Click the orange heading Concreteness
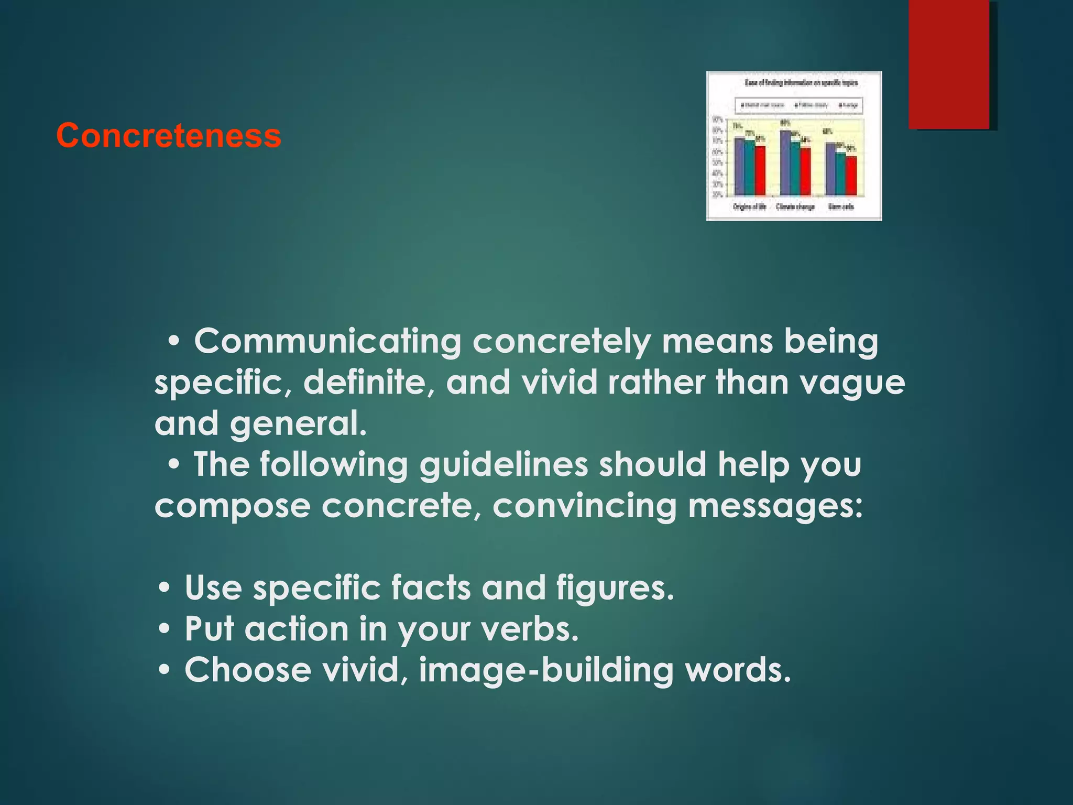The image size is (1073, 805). click(x=169, y=136)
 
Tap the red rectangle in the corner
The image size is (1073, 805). click(x=949, y=64)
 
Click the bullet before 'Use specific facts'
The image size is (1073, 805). click(x=165, y=588)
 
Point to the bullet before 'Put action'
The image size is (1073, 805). click(x=165, y=629)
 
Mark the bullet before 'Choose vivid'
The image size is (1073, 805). click(x=165, y=670)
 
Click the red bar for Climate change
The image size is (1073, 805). click(x=805, y=172)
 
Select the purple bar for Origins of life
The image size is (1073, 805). click(x=739, y=167)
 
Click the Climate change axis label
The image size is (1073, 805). click(x=795, y=207)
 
